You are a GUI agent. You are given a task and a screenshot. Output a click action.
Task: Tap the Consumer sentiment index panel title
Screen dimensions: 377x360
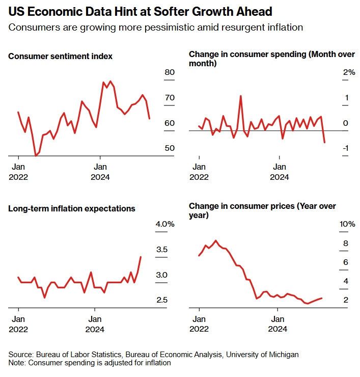60,56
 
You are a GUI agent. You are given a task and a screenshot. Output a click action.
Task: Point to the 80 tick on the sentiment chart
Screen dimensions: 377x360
170,72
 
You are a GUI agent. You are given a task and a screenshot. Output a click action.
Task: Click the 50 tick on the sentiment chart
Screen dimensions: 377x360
170,148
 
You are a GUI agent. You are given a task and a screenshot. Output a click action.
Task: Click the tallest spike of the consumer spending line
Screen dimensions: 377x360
240,96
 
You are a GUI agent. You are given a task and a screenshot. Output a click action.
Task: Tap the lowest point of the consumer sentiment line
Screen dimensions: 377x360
35,155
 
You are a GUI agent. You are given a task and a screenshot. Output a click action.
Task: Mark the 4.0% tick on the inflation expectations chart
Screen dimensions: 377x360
164,224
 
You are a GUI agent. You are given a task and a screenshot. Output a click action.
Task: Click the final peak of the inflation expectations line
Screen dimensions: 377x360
141,257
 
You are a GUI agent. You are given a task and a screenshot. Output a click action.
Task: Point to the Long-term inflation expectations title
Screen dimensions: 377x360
72,208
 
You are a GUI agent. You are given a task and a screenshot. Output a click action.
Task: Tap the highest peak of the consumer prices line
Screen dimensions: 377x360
216,240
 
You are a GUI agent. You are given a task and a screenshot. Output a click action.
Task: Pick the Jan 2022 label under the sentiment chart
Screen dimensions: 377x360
18,172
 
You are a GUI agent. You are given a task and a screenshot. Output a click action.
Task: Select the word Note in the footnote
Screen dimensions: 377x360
16,363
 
